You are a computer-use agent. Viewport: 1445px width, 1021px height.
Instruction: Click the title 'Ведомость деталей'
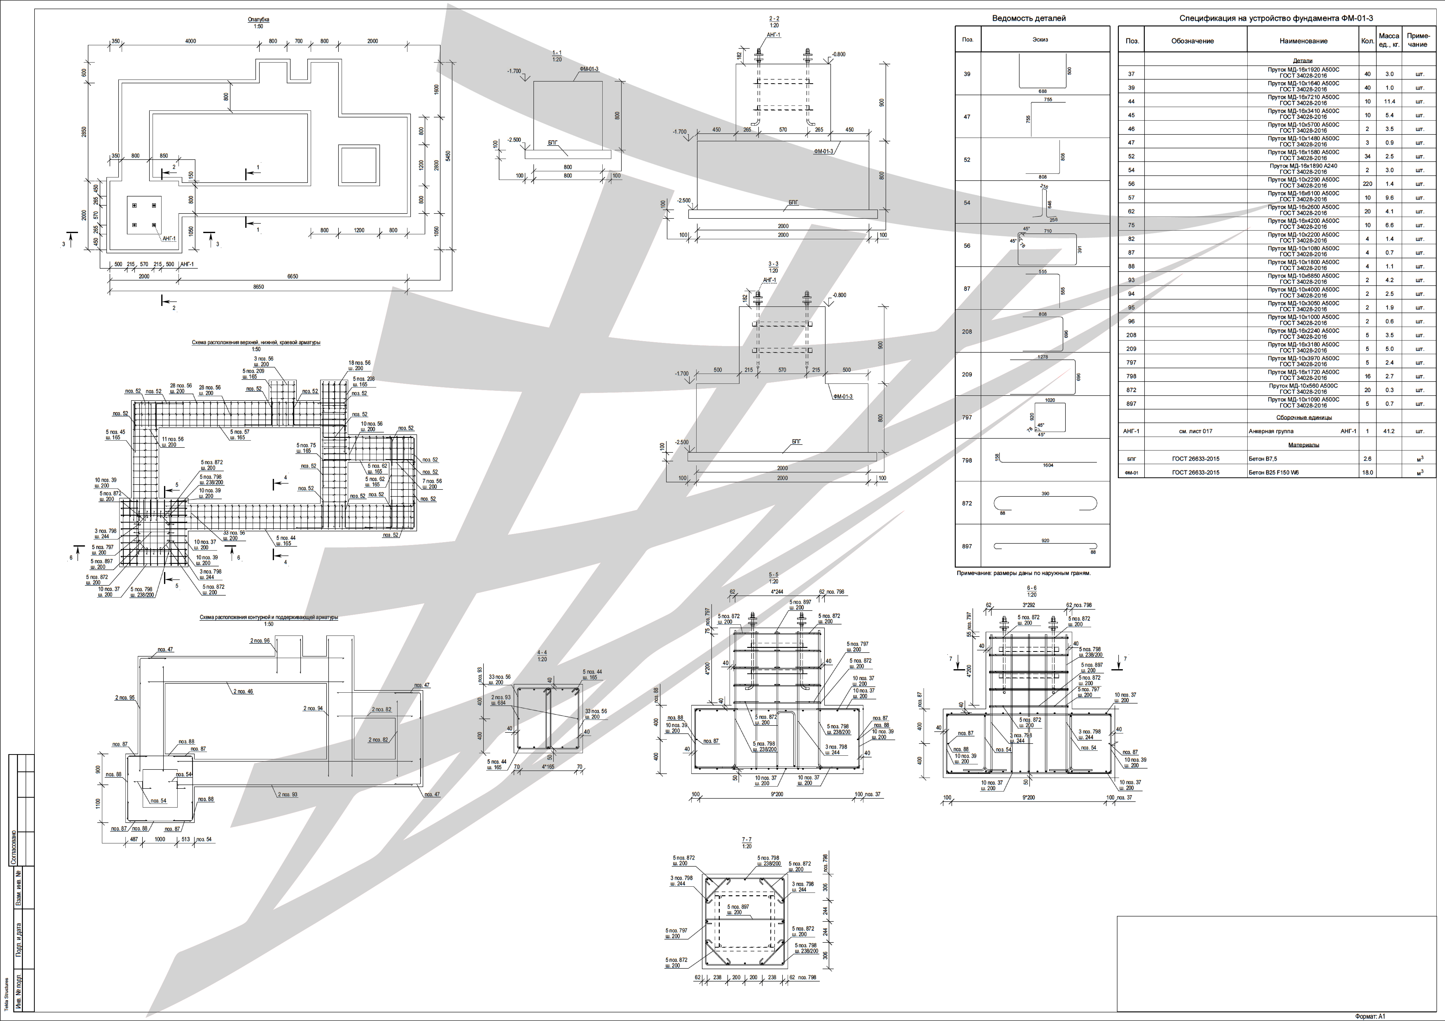[1028, 18]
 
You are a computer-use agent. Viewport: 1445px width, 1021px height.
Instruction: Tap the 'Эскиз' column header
[1040, 39]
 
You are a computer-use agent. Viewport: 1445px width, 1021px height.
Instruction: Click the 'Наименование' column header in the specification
[1303, 41]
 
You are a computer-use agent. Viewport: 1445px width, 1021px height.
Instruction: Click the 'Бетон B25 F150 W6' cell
[1274, 472]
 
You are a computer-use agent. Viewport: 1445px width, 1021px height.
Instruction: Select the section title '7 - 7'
[746, 840]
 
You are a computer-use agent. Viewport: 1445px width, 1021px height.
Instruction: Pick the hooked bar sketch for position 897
[1045, 546]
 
